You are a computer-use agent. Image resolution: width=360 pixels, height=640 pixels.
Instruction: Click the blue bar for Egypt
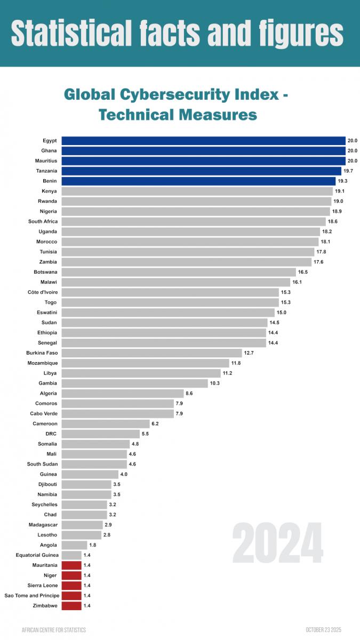[203, 141]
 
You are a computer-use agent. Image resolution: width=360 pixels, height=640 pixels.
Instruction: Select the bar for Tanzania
[201, 171]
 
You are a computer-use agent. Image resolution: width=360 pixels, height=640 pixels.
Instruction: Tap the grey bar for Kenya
[197, 191]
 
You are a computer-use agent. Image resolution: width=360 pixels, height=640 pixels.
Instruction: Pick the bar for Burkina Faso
[151, 353]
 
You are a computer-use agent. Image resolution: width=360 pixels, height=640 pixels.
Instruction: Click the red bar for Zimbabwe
[71, 606]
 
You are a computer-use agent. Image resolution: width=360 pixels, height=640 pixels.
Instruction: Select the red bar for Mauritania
[71, 565]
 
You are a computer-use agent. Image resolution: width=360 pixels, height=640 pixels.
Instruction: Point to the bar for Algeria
[122, 394]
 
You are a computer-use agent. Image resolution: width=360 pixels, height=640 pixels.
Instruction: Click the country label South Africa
[43, 222]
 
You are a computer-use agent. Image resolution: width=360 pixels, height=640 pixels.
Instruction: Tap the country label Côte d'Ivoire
[43, 292]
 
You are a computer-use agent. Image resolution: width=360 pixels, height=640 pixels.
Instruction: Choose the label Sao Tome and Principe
[31, 596]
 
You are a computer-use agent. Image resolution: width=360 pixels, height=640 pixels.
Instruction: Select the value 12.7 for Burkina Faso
[249, 353]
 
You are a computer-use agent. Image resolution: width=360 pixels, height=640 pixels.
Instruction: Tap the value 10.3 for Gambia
[215, 383]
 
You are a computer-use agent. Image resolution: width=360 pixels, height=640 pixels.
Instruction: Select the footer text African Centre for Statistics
[53, 630]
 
